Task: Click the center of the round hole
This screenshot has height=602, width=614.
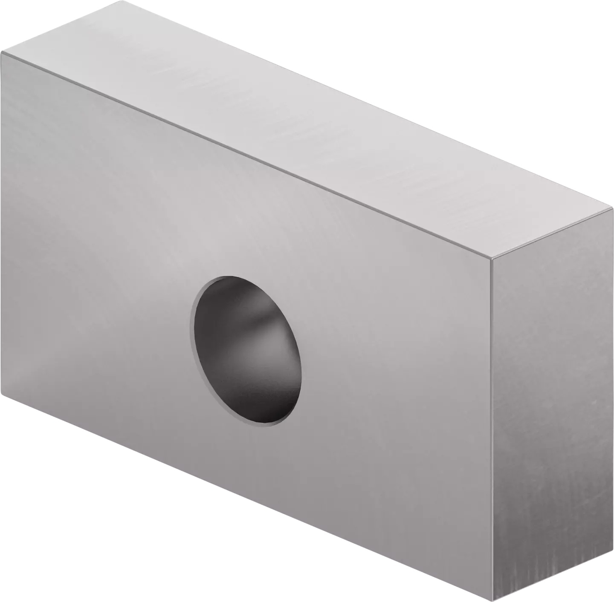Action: coord(248,351)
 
